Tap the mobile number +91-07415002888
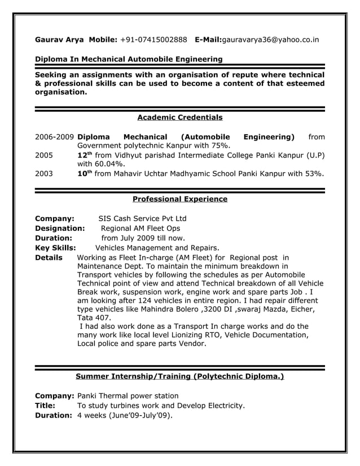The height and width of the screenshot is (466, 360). click(153, 40)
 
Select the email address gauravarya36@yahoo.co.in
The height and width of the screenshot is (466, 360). click(271, 40)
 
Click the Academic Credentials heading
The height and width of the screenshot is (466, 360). click(179, 118)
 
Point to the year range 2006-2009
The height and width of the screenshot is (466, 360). click(54, 137)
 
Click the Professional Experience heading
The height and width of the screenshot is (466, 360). click(179, 199)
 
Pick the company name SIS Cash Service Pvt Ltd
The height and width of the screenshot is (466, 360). click(142, 218)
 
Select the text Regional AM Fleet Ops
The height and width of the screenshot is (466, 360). click(141, 228)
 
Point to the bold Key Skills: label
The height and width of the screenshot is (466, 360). click(56, 247)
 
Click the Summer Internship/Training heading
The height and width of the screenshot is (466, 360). click(179, 376)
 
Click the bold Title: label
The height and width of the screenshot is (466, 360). click(45, 405)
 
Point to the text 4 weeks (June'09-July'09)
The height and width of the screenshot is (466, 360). click(124, 415)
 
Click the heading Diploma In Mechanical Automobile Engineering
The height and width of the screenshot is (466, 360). click(129, 59)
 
